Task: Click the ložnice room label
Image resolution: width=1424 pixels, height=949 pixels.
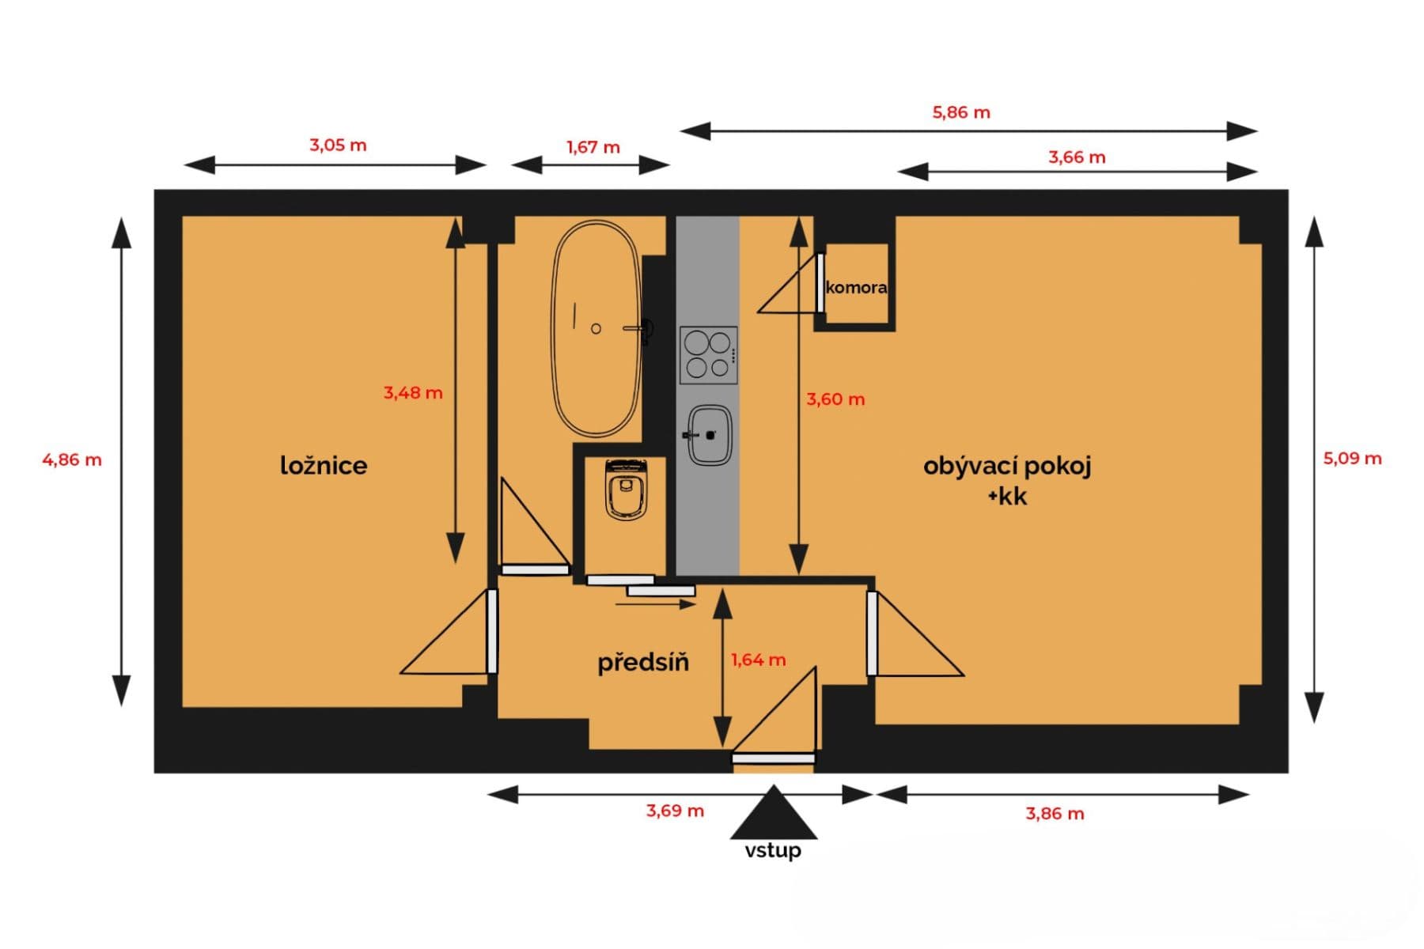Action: pyautogui.click(x=324, y=465)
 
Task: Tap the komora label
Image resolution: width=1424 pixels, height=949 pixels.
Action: pyautogui.click(x=856, y=287)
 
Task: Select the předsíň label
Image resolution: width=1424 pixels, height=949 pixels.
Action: pyautogui.click(x=642, y=662)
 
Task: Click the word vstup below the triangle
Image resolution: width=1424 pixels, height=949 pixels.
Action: pyautogui.click(x=773, y=850)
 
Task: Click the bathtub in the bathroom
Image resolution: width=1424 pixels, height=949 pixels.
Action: pyautogui.click(x=596, y=328)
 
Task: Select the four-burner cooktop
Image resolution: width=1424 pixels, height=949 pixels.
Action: pyautogui.click(x=708, y=354)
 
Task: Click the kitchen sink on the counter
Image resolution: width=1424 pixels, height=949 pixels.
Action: pyautogui.click(x=709, y=435)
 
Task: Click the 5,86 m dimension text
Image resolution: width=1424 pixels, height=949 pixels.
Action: pyautogui.click(x=960, y=112)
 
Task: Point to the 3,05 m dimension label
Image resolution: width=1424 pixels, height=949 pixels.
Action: pyautogui.click(x=338, y=146)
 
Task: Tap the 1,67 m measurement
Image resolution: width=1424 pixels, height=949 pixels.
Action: pyautogui.click(x=593, y=147)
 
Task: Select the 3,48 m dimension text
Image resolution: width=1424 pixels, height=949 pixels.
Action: pyautogui.click(x=413, y=392)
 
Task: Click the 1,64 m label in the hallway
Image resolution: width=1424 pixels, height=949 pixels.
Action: pyautogui.click(x=758, y=660)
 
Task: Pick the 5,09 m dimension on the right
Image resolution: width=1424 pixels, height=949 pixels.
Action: pyautogui.click(x=1352, y=459)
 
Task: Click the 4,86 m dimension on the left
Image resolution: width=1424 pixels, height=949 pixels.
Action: pyautogui.click(x=72, y=459)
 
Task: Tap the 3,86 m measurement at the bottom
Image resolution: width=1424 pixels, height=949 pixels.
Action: pyautogui.click(x=1055, y=814)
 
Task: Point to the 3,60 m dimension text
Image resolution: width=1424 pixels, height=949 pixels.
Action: pyautogui.click(x=835, y=399)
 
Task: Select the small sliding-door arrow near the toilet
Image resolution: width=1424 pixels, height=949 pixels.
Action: pyautogui.click(x=655, y=605)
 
